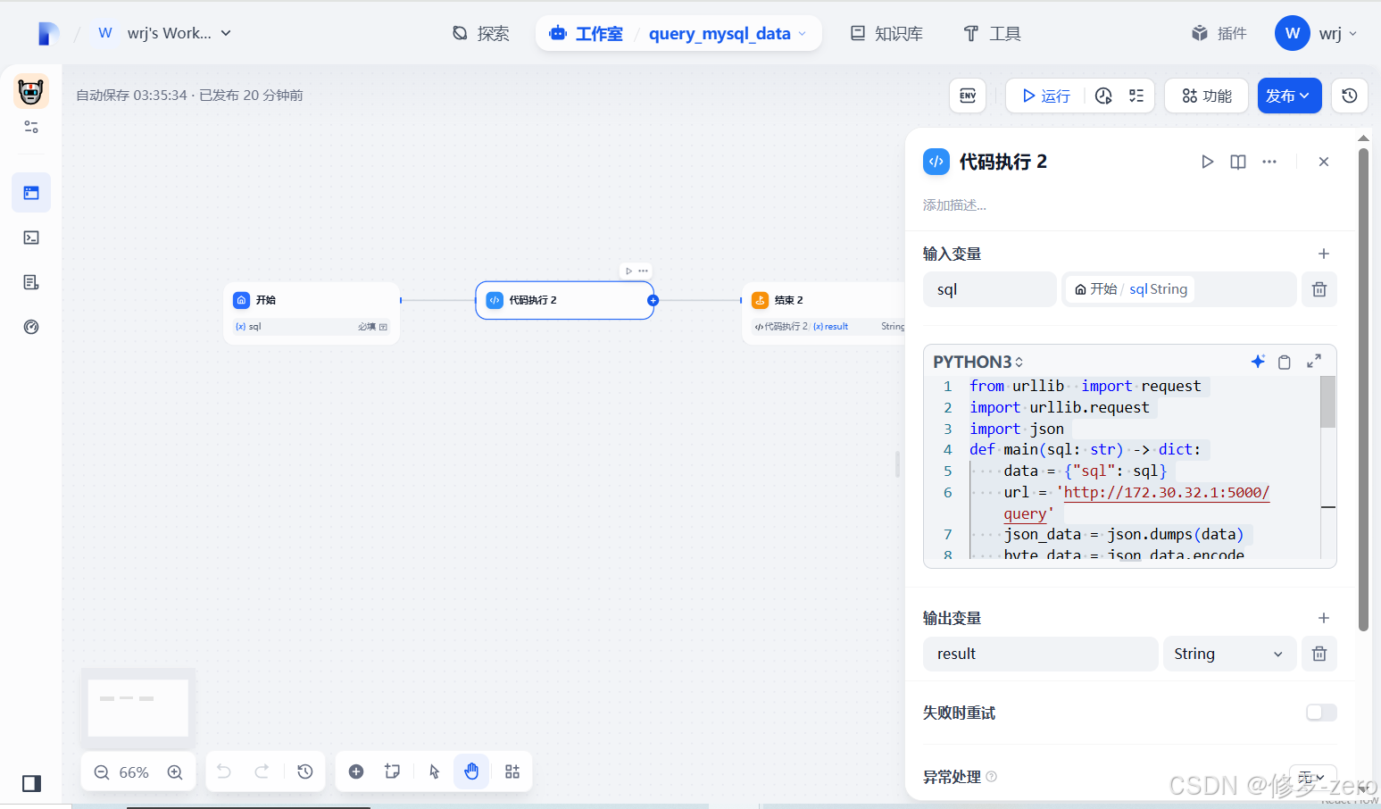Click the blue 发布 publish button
pos(1288,96)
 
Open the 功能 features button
pos(1206,96)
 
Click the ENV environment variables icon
pos(968,96)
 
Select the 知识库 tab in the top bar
pos(886,34)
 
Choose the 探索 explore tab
pos(481,34)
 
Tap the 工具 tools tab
pos(992,34)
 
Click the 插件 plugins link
pos(1219,34)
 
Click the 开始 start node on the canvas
pos(312,301)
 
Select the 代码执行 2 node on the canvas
pos(564,301)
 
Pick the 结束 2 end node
pos(821,301)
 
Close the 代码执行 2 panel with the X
pos(1324,162)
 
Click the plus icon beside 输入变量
pos(1324,254)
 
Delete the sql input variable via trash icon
pos(1319,289)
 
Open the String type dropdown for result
pos(1228,654)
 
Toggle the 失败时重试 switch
pos(1321,713)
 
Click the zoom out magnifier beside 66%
pos(102,772)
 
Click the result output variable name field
pos(1040,654)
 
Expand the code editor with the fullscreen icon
pos(1314,361)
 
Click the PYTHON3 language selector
pos(978,362)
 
